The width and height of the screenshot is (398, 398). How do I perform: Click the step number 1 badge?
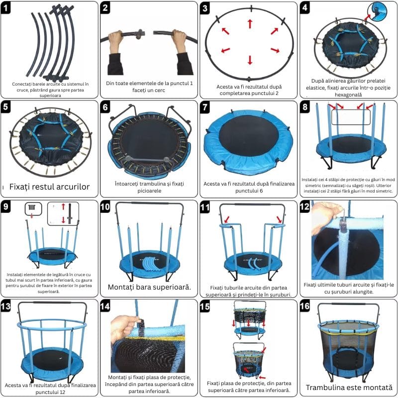tap(5, 8)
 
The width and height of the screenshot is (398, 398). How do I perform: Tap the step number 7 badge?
tap(205, 107)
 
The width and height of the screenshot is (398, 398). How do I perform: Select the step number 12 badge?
tap(304, 206)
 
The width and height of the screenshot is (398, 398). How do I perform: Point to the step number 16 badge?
tap(304, 306)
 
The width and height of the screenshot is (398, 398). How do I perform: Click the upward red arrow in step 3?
tap(250, 24)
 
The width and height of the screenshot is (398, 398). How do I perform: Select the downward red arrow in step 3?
tap(250, 60)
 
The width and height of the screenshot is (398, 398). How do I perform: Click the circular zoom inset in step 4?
tap(377, 11)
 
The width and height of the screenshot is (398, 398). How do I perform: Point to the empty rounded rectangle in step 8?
tap(351, 117)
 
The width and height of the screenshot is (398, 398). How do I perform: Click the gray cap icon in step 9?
tap(32, 207)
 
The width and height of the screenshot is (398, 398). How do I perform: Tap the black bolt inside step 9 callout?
tap(70, 214)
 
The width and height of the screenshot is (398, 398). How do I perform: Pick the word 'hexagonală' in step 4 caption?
tap(348, 95)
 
